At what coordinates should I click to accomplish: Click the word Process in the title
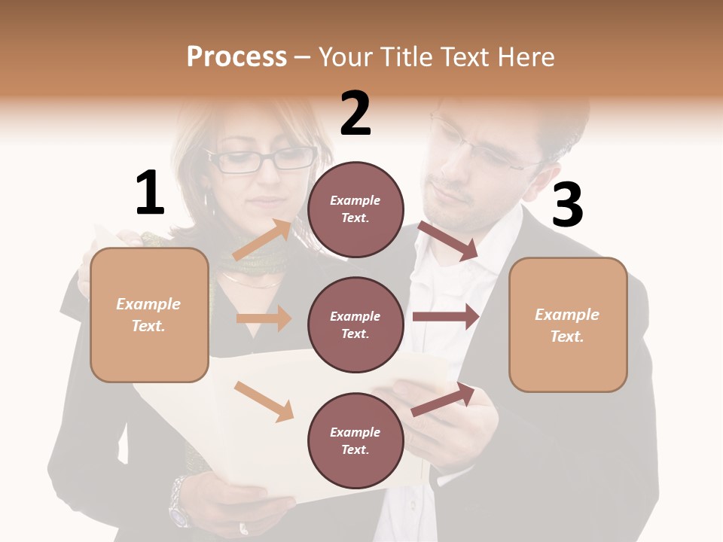236,57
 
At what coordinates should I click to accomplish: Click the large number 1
150,193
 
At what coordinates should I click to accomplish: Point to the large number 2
355,114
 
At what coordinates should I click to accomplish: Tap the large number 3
567,205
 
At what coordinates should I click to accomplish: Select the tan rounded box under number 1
149,315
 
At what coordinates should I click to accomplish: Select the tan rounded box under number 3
568,325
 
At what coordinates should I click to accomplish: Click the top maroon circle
355,209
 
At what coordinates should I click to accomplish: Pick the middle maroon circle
355,324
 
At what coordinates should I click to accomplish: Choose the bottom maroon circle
355,440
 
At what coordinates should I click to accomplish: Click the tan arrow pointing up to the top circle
263,239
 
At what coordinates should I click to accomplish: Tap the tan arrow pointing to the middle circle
264,318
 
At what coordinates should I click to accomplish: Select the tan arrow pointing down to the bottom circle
264,401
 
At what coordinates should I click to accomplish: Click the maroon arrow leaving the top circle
448,241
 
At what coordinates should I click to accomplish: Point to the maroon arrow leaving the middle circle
446,317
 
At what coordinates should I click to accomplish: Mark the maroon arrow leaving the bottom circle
444,400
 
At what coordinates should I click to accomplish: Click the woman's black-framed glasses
264,159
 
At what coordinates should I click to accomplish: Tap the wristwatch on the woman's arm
179,501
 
